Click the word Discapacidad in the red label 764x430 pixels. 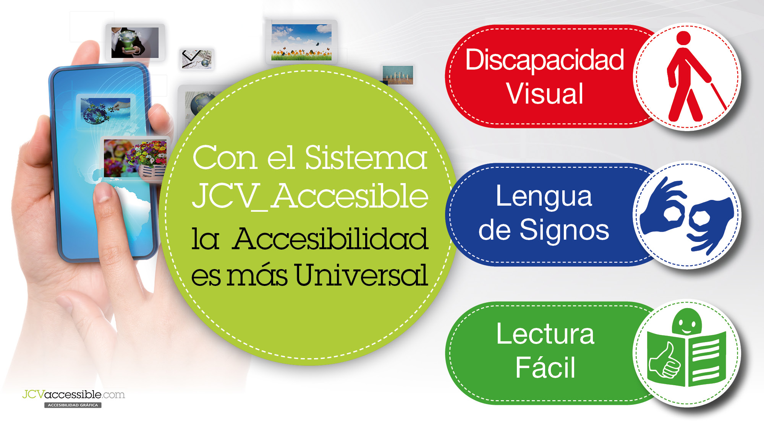pyautogui.click(x=545, y=60)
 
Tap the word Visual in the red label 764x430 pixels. pyautogui.click(x=545, y=94)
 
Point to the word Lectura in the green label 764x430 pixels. pyautogui.click(x=545, y=334)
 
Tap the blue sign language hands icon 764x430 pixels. pyautogui.click(x=687, y=215)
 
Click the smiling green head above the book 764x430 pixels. pyautogui.click(x=687, y=322)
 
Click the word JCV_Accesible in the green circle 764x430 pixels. pyautogui.click(x=310, y=196)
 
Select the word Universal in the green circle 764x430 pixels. pyautogui.click(x=361, y=275)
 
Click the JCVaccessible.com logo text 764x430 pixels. pyautogui.click(x=73, y=394)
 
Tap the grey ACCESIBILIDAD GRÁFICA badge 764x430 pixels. pyautogui.click(x=73, y=405)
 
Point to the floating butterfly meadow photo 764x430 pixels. pyautogui.click(x=301, y=42)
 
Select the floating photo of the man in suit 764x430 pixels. pyautogui.click(x=135, y=42)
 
